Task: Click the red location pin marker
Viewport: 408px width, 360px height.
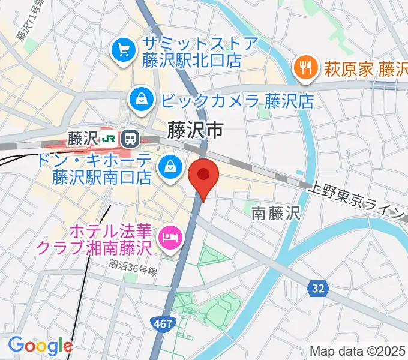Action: pos(203,176)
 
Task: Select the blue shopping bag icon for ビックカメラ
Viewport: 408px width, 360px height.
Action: pos(140,99)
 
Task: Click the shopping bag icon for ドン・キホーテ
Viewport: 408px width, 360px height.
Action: pos(170,167)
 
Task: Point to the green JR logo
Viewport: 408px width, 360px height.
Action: pos(109,139)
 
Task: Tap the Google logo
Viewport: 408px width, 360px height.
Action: pos(40,346)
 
